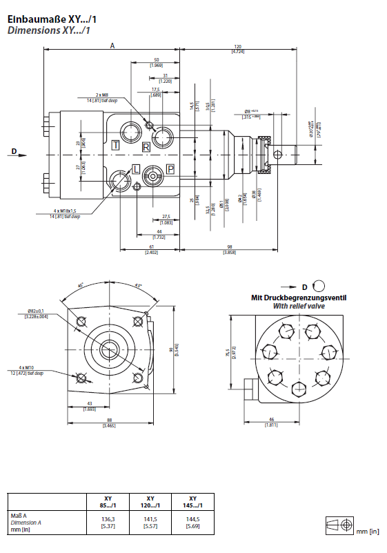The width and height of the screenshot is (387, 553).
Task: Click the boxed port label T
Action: [115, 146]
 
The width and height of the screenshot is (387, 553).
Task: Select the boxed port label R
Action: [146, 147]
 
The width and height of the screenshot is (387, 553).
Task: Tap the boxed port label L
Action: [136, 169]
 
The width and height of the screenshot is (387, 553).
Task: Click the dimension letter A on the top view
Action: [112, 45]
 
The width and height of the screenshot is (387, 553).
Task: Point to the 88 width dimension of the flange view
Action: [109, 422]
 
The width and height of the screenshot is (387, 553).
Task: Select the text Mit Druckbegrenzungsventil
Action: [298, 298]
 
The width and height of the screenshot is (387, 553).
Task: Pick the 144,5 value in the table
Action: [192, 519]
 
